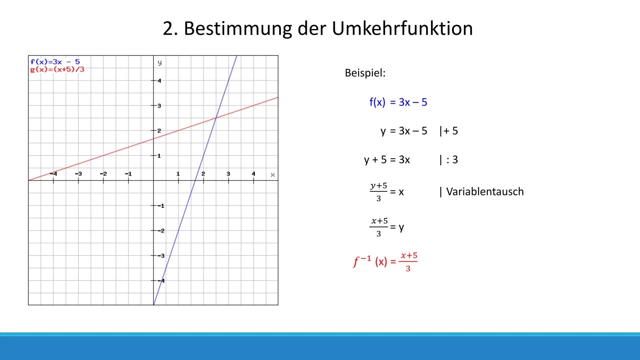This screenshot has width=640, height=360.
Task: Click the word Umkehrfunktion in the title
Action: point(402,29)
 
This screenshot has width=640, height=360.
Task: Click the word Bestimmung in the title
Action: point(238,29)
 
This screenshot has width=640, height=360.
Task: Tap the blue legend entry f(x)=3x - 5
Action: point(55,62)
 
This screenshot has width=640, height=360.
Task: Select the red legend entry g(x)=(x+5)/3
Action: point(57,69)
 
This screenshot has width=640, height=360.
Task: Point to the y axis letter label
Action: point(160,62)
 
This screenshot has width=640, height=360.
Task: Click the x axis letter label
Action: point(273,175)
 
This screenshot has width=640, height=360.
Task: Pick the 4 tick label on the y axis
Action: point(159,81)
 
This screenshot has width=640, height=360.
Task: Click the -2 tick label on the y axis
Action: point(161,231)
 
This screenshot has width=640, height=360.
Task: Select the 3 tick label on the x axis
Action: point(228,174)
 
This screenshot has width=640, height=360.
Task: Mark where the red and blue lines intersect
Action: point(216,118)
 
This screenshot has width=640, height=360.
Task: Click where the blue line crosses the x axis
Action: point(195,180)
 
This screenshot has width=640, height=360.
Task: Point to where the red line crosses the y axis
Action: point(153,139)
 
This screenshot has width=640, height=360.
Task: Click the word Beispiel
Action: point(365,73)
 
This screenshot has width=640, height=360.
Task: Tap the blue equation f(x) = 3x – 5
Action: point(398,102)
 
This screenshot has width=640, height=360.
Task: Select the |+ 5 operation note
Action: point(449,131)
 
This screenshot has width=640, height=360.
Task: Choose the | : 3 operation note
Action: point(449,160)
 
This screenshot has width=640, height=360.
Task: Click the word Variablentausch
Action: point(485,192)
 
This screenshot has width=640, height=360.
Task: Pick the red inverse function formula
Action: point(385,262)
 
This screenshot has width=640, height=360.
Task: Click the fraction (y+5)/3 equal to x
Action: point(379,192)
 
